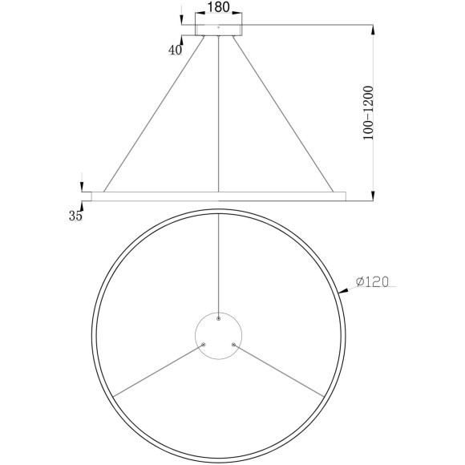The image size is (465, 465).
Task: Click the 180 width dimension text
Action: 218,8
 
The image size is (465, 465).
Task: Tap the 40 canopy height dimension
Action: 175,50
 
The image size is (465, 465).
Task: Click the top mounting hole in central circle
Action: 218,319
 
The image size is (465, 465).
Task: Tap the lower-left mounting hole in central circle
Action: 204,344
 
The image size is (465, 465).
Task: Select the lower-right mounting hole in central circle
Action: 233,344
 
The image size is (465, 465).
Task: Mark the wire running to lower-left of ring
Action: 156,370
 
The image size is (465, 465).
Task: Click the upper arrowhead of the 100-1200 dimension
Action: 373,29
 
